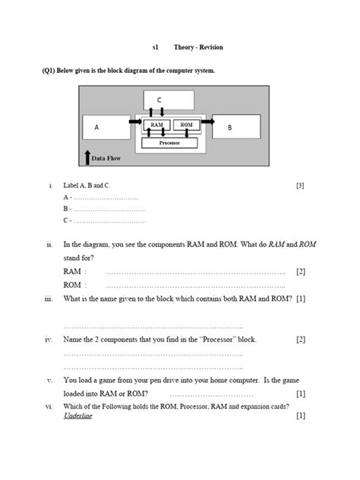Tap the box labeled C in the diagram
point(169,99)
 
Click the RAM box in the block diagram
point(156,125)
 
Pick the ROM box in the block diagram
point(186,125)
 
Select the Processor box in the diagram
point(169,142)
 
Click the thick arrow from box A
point(134,122)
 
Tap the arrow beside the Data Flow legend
point(87,157)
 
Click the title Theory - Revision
point(198,47)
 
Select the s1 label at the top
point(155,47)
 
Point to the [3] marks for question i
point(300,185)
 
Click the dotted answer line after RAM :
point(195,272)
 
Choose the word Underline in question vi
point(77,416)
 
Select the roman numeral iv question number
point(49,339)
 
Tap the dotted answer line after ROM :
point(195,286)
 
